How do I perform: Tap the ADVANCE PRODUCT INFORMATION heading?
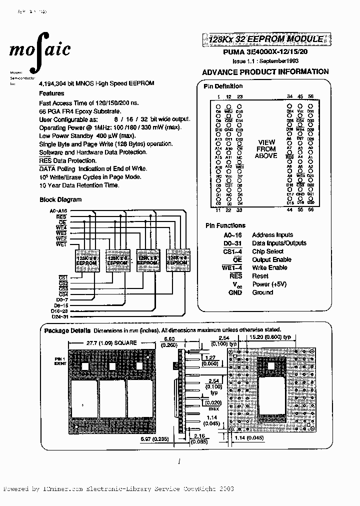265,71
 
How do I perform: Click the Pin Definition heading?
223,86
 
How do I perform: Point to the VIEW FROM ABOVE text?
266,149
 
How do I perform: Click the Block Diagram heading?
60,199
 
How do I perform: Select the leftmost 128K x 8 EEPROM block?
85,260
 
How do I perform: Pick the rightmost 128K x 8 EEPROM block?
177,260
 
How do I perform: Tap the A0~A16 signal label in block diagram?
58,211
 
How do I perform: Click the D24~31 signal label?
59,316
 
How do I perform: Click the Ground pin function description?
262,292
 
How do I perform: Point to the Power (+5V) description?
269,284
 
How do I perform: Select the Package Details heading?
67,330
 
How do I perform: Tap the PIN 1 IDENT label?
60,361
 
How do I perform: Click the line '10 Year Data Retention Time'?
79,185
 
